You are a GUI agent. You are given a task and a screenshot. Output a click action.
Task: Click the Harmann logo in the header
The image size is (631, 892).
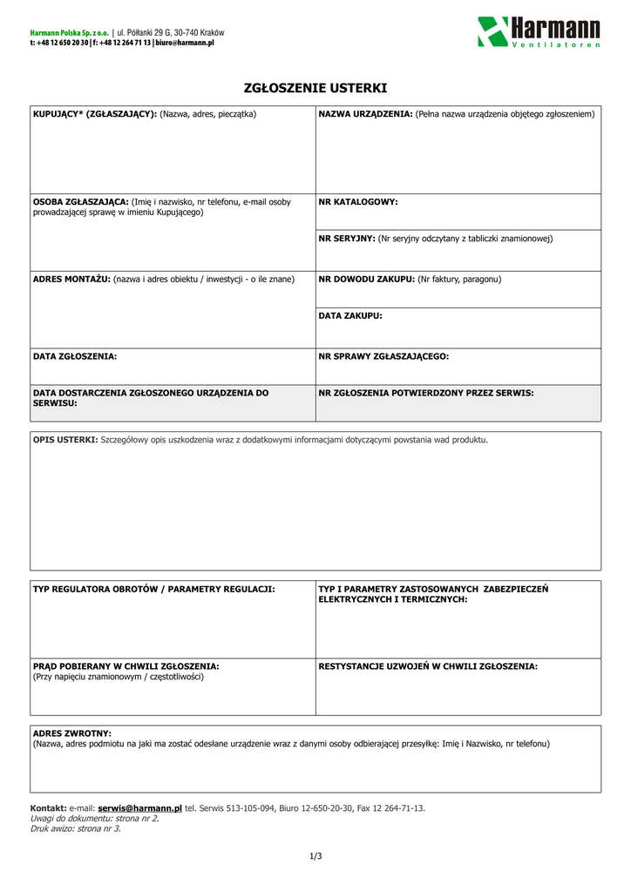tap(539, 31)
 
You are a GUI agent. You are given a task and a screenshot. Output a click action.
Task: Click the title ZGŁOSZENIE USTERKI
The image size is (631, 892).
tap(315, 89)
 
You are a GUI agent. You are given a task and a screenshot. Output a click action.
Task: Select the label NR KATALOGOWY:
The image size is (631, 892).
tap(358, 202)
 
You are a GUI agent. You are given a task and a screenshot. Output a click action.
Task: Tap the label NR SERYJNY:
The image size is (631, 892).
tap(347, 238)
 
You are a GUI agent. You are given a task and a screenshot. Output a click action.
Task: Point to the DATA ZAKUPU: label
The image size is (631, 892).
tap(350, 315)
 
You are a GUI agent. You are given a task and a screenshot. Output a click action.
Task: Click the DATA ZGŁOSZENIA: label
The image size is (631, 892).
tap(75, 356)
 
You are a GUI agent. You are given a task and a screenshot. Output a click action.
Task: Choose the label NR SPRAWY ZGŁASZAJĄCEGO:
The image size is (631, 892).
tap(383, 356)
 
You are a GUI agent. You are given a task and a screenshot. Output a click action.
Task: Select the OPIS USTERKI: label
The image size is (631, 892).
tap(65, 439)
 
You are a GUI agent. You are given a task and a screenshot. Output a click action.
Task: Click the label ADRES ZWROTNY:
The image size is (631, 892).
tap(72, 733)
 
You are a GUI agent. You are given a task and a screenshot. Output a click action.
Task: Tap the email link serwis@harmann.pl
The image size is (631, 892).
tap(139, 808)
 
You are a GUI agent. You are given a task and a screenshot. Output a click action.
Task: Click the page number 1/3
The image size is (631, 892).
tap(315, 856)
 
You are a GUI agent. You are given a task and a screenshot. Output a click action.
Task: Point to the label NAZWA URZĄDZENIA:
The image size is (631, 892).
tap(366, 114)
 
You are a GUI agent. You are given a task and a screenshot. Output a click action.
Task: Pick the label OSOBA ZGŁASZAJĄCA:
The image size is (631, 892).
tap(80, 201)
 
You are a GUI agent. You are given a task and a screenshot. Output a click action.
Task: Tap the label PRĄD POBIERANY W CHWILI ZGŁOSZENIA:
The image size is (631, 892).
tap(126, 666)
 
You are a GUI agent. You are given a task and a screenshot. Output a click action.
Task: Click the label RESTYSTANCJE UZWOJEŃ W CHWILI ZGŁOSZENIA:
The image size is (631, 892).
tap(428, 666)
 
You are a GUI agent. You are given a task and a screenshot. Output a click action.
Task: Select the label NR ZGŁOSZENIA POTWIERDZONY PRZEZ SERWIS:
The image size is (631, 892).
tap(426, 393)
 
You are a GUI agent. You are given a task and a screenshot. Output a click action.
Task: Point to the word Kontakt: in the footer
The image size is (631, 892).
tap(49, 808)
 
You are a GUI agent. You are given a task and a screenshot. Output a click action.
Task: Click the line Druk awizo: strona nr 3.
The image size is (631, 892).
tap(76, 828)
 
